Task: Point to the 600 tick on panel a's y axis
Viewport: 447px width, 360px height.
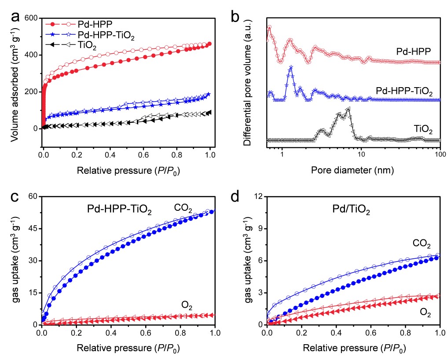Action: click(x=31, y=18)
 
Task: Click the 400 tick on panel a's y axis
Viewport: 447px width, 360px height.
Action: click(x=31, y=55)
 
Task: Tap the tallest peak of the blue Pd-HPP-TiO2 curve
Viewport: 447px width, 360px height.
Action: click(x=291, y=67)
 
